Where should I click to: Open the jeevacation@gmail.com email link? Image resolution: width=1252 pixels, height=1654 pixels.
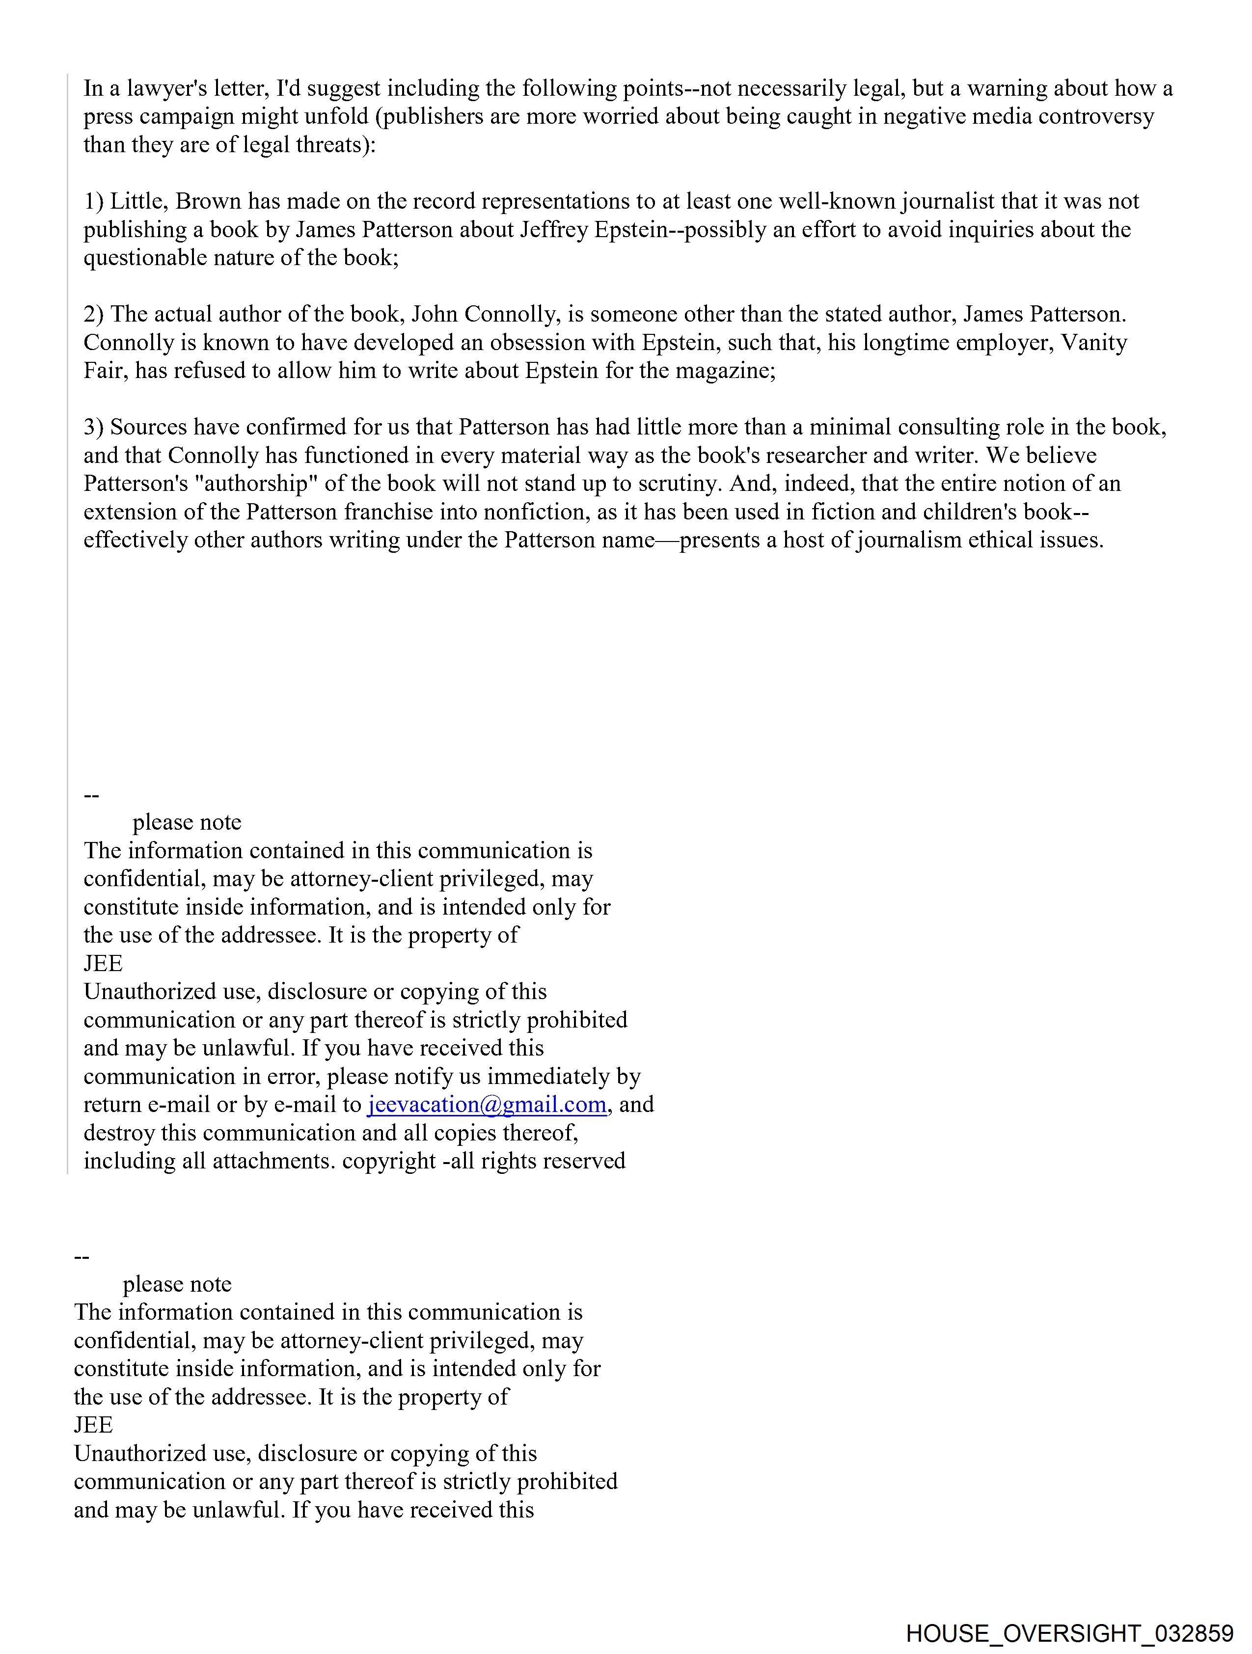(486, 1105)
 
